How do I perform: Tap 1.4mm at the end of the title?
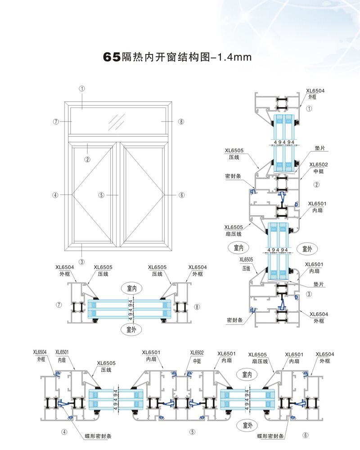coord(234,57)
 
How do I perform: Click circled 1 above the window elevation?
coord(82,89)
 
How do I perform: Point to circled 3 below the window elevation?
coord(81,261)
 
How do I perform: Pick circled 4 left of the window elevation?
coord(55,195)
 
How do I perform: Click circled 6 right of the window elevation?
coord(182,195)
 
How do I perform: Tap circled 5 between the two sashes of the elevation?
coord(102,195)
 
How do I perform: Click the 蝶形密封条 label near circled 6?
coord(272,436)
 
